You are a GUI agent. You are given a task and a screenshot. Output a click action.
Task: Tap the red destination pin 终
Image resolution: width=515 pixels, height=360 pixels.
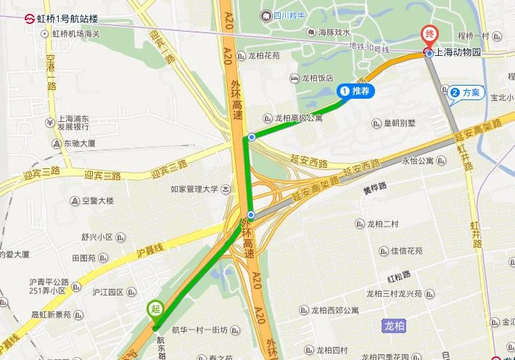pyautogui.click(x=429, y=35)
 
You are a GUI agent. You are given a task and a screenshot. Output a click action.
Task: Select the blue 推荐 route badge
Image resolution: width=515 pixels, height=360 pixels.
pyautogui.click(x=356, y=91)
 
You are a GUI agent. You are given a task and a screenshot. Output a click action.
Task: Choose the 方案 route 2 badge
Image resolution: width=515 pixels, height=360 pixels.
pyautogui.click(x=465, y=93)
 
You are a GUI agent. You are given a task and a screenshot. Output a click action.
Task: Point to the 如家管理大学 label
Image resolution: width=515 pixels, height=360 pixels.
pyautogui.click(x=194, y=189)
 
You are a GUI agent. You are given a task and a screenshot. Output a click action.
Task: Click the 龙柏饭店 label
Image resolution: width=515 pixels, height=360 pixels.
pyautogui.click(x=317, y=78)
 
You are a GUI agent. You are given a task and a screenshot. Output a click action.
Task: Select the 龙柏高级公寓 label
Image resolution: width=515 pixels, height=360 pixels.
pyautogui.click(x=298, y=118)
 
